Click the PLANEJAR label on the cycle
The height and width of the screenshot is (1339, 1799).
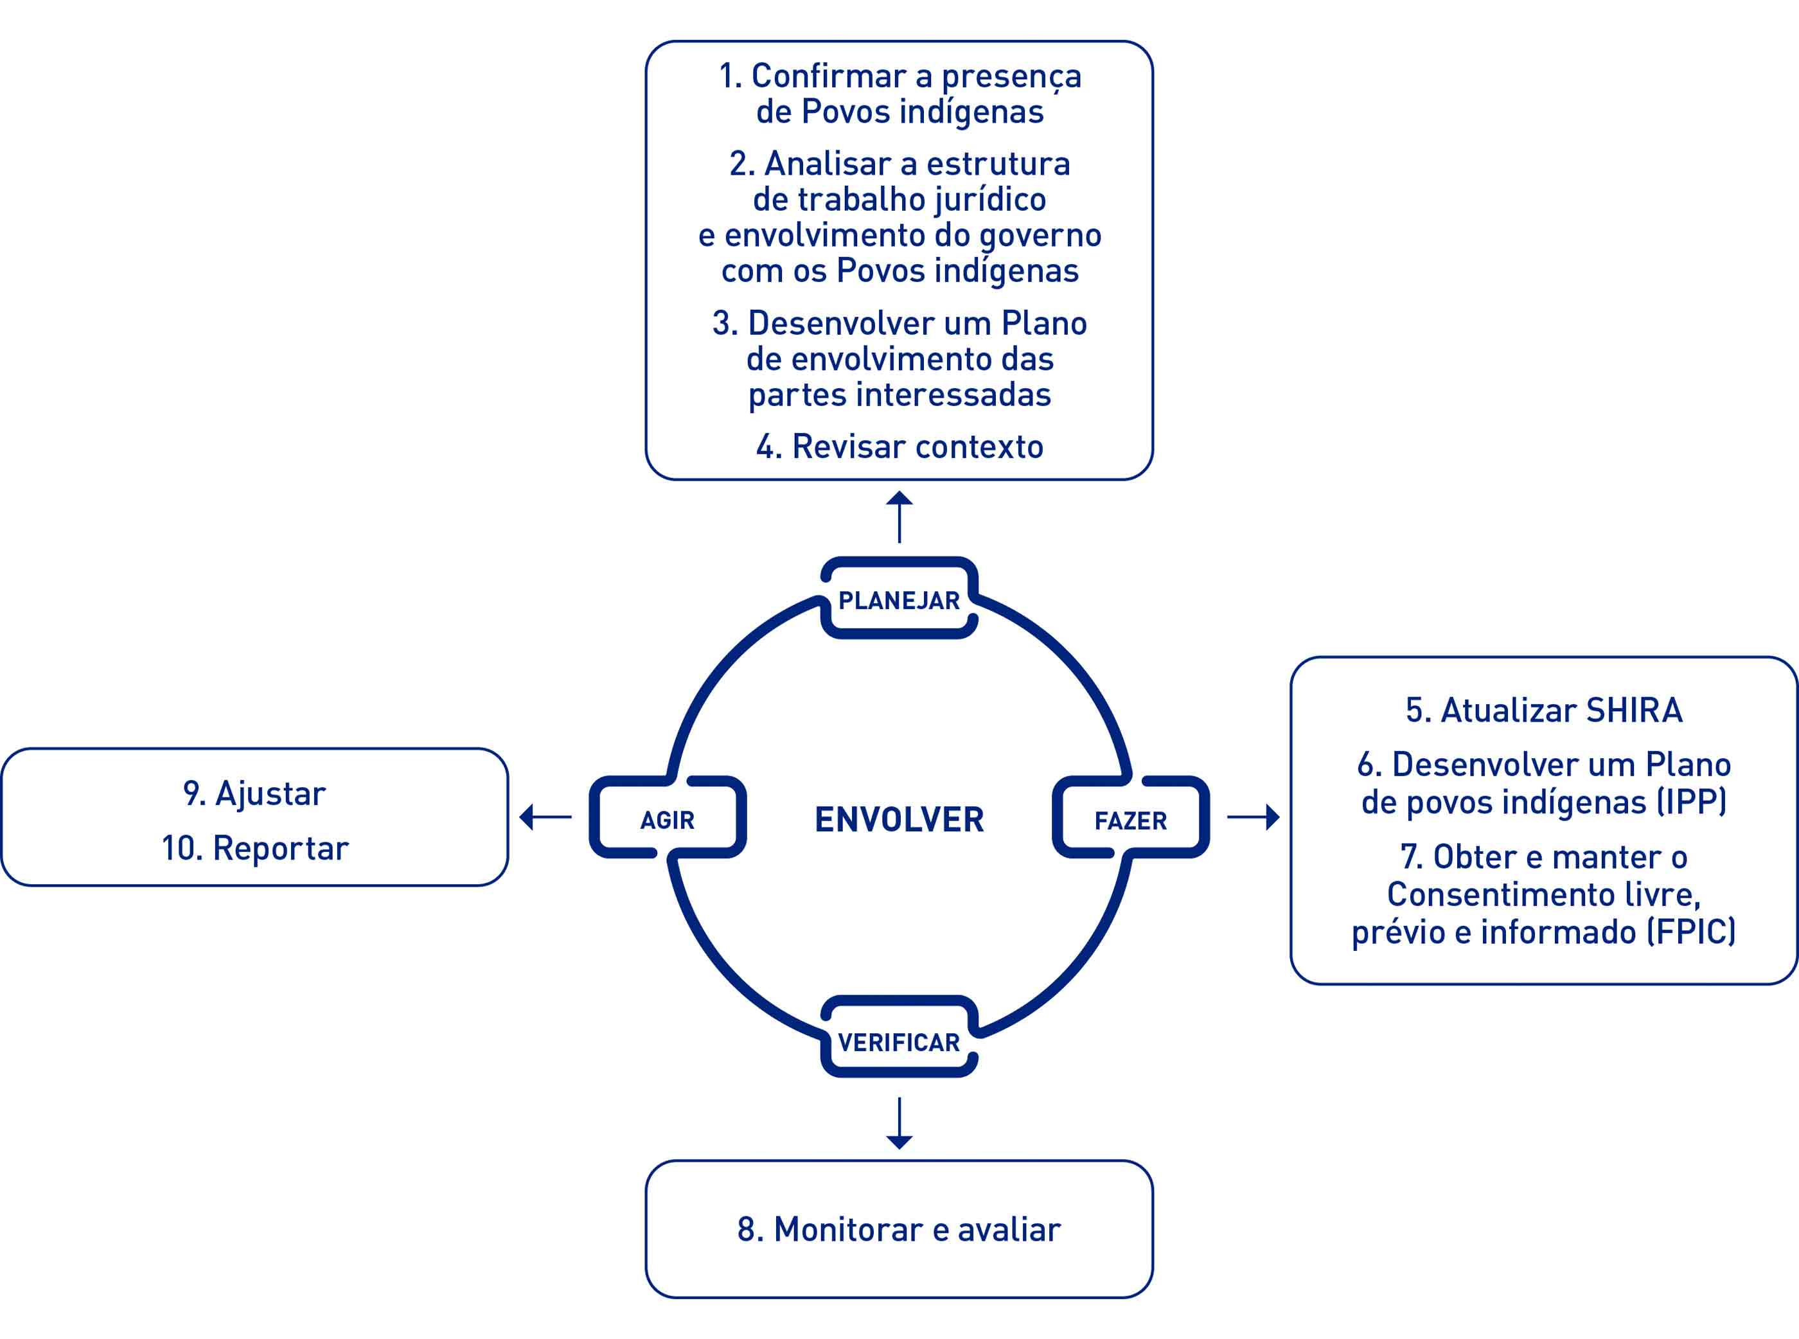899,601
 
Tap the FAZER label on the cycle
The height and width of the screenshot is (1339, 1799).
1130,821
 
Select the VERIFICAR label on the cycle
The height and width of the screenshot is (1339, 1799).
899,1042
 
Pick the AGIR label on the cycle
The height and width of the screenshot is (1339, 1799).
667,820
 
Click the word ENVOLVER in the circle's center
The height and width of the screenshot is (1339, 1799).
899,819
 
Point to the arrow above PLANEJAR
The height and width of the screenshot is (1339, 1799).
899,517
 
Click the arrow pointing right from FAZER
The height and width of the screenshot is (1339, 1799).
1254,817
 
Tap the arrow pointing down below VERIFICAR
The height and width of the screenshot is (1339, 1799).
899,1123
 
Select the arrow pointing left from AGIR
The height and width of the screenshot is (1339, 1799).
545,817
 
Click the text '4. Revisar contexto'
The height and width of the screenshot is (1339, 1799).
899,447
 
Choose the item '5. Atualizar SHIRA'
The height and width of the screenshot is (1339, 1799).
1544,710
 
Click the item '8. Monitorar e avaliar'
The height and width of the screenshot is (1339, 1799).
899,1230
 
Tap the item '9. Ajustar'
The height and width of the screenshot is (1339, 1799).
254,794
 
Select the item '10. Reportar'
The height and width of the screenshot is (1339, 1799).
255,849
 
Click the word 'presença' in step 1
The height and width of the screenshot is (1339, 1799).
1011,78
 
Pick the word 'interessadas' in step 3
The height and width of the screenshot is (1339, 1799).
954,395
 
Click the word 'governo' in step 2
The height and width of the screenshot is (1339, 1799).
1040,236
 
